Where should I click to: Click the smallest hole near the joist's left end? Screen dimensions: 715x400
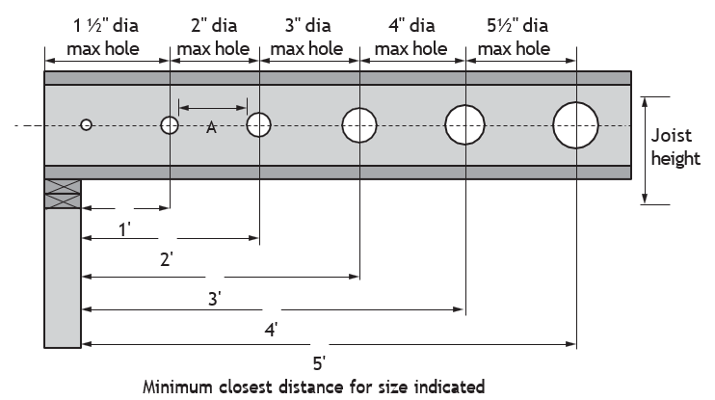(x=86, y=124)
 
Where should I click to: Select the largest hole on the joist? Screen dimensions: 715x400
(x=575, y=125)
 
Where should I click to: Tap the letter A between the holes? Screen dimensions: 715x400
(x=211, y=127)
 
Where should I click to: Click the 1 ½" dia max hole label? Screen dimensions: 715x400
(x=104, y=37)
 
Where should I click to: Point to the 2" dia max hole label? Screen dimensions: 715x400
(x=213, y=37)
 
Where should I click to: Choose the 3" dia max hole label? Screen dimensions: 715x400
(x=307, y=37)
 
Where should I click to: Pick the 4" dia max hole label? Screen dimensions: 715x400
(x=411, y=37)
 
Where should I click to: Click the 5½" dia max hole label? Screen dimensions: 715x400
(x=515, y=37)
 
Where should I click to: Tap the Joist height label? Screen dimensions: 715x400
(x=675, y=147)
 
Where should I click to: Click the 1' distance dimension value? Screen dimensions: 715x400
(x=125, y=229)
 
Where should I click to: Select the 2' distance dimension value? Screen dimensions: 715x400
(x=167, y=259)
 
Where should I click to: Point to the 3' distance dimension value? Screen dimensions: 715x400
(x=215, y=299)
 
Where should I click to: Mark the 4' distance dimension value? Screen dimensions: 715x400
(x=272, y=330)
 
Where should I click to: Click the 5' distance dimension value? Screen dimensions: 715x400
(x=319, y=363)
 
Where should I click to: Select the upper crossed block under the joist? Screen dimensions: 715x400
(x=63, y=187)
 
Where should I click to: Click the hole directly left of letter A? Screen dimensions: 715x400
(x=170, y=125)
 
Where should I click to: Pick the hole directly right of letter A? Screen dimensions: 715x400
(x=258, y=125)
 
